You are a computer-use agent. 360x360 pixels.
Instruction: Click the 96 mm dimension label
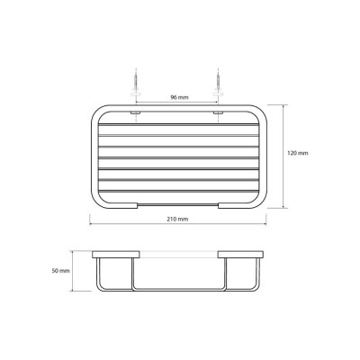pos(180,97)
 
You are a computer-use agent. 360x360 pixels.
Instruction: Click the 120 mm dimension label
pos(298,153)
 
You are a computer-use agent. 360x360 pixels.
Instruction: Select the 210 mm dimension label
pos(177,219)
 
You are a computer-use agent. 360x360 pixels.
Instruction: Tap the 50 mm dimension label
pos(61,271)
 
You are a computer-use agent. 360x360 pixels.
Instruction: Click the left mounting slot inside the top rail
pos(136,112)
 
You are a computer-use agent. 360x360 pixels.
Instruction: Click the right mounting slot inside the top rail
pos(218,112)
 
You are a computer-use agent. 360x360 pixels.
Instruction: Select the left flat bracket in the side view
pos(116,255)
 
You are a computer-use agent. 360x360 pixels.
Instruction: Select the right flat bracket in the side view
pos(241,255)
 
